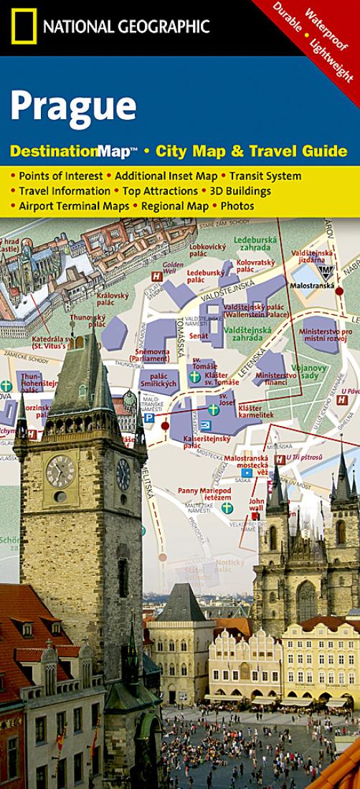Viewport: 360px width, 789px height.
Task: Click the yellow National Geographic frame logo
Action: point(23,27)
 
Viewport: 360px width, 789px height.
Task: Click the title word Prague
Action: point(73,105)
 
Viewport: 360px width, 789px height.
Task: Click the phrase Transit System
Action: point(265,176)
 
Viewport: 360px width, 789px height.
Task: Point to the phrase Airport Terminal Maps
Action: point(75,206)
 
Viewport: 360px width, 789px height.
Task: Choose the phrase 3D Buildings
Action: point(240,191)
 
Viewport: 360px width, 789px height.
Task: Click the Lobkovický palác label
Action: point(207,250)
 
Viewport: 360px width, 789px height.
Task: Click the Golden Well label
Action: point(169,268)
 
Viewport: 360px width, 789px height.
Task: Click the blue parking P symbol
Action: point(149,417)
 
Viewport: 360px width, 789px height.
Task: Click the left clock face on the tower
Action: point(60,471)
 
